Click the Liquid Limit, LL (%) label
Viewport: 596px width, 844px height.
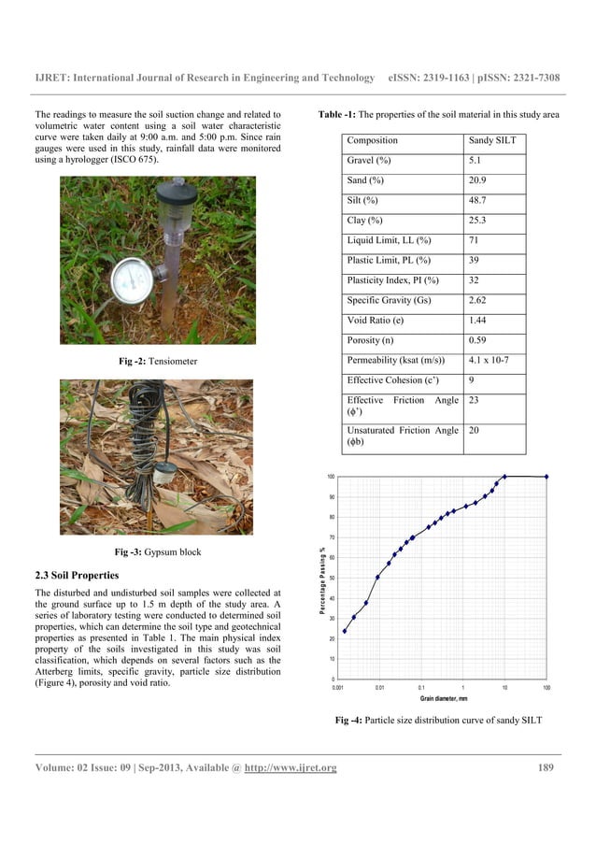(x=389, y=240)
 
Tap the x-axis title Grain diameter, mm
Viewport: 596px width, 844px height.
(x=444, y=698)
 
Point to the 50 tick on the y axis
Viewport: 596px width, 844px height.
(x=331, y=578)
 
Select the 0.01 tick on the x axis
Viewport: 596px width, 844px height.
(x=379, y=688)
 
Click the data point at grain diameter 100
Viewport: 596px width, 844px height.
(x=546, y=477)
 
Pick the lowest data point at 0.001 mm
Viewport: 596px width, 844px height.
(x=345, y=631)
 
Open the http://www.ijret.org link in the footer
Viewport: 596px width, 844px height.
(x=290, y=768)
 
